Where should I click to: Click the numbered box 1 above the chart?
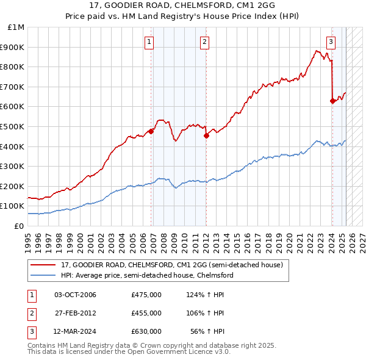149,41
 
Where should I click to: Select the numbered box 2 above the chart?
204,41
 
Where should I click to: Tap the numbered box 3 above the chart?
331,41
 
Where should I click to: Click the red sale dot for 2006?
151,131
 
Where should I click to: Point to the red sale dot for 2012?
206,135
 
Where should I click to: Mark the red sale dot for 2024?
332,101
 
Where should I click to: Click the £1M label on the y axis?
16,27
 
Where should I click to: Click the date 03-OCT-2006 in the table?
75,295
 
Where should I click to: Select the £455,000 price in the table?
146,313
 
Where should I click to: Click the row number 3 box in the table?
32,331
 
